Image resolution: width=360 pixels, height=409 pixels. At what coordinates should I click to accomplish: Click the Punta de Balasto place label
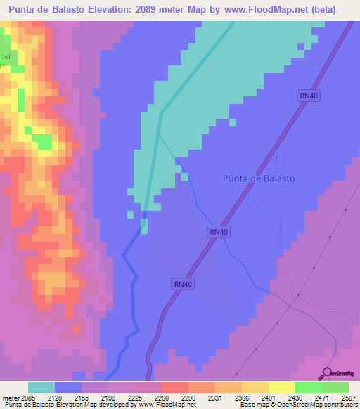tap(259, 178)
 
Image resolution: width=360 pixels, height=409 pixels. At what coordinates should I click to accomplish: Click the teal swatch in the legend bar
tap(41, 387)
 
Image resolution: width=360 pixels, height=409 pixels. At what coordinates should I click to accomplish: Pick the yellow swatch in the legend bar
tap(282, 387)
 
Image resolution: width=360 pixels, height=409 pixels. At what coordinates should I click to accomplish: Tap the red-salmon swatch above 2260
tap(174, 387)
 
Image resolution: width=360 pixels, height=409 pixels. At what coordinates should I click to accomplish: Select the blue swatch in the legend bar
tap(68, 387)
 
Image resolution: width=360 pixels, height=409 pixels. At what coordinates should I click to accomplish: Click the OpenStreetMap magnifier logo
tap(328, 373)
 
